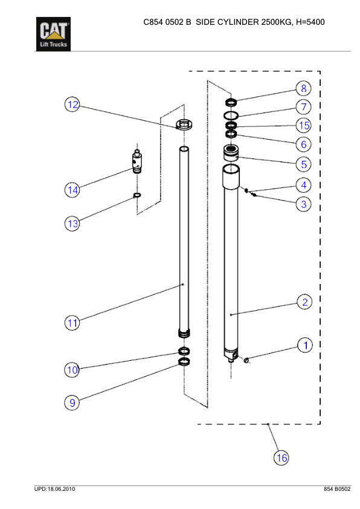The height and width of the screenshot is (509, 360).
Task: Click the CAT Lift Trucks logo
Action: coord(53,34)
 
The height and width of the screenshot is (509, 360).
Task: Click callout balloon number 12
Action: coord(72,105)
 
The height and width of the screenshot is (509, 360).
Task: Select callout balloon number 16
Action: coord(281,458)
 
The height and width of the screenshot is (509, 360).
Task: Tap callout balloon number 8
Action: coord(304,88)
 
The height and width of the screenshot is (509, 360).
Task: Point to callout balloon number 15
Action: coord(304,125)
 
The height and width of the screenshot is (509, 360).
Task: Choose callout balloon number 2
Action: coord(305,302)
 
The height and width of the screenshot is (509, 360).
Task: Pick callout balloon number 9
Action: coord(72,403)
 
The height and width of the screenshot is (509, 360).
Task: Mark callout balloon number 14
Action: coord(72,190)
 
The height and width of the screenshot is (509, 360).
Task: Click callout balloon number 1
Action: coord(305,345)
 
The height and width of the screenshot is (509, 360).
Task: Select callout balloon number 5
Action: coord(304,164)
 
